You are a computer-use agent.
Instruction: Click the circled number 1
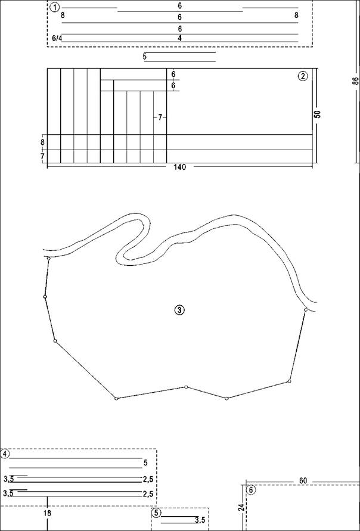[x=54, y=7]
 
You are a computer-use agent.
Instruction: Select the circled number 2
[x=303, y=76]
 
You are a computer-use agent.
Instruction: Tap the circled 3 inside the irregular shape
[x=179, y=309]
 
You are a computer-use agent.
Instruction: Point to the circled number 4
[x=5, y=454]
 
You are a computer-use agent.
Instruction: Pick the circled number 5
[x=156, y=513]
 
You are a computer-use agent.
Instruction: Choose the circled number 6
[x=250, y=490]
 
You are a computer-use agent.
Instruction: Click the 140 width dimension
[x=179, y=167]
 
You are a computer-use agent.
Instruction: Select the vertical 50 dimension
[x=317, y=114]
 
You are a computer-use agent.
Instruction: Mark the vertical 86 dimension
[x=355, y=82]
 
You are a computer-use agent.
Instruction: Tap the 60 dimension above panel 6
[x=303, y=481]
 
